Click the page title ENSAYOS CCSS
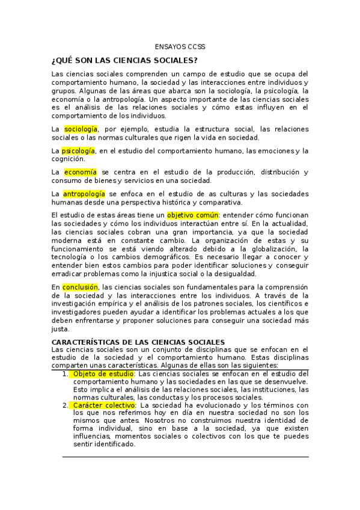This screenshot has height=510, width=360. point(180,46)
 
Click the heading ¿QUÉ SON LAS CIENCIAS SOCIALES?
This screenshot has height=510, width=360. point(125,61)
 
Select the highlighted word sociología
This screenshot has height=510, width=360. point(81,129)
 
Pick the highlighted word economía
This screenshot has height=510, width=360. point(80,172)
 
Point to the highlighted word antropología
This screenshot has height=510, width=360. point(84,194)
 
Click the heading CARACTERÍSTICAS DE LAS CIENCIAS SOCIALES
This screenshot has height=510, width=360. point(138,342)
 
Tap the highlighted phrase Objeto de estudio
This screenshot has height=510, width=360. point(100,373)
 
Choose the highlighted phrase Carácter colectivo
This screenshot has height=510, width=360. point(103,405)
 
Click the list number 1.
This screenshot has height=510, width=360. point(65,373)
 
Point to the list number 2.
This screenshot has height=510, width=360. point(65,405)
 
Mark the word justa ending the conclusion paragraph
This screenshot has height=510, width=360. point(61,329)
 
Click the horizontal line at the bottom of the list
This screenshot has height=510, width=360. point(186,457)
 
